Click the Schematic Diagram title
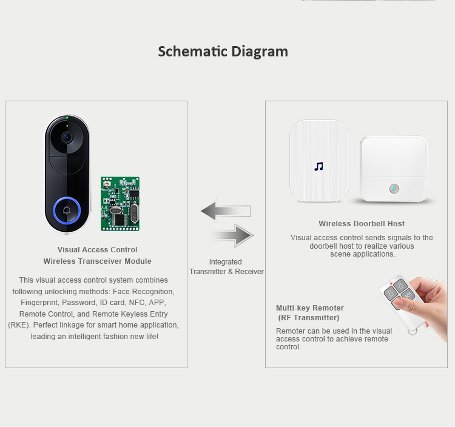(223, 52)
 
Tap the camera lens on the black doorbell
(66, 136)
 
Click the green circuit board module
(120, 203)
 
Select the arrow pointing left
(225, 211)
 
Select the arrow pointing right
(232, 235)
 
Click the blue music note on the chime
(319, 166)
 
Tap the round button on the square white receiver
(394, 188)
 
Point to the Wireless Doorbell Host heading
(362, 224)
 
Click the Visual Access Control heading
(97, 250)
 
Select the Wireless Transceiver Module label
(97, 261)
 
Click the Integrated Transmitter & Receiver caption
(226, 267)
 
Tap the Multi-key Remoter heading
(310, 308)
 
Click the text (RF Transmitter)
(309, 318)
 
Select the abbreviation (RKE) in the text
(18, 324)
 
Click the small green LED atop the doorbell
(67, 117)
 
